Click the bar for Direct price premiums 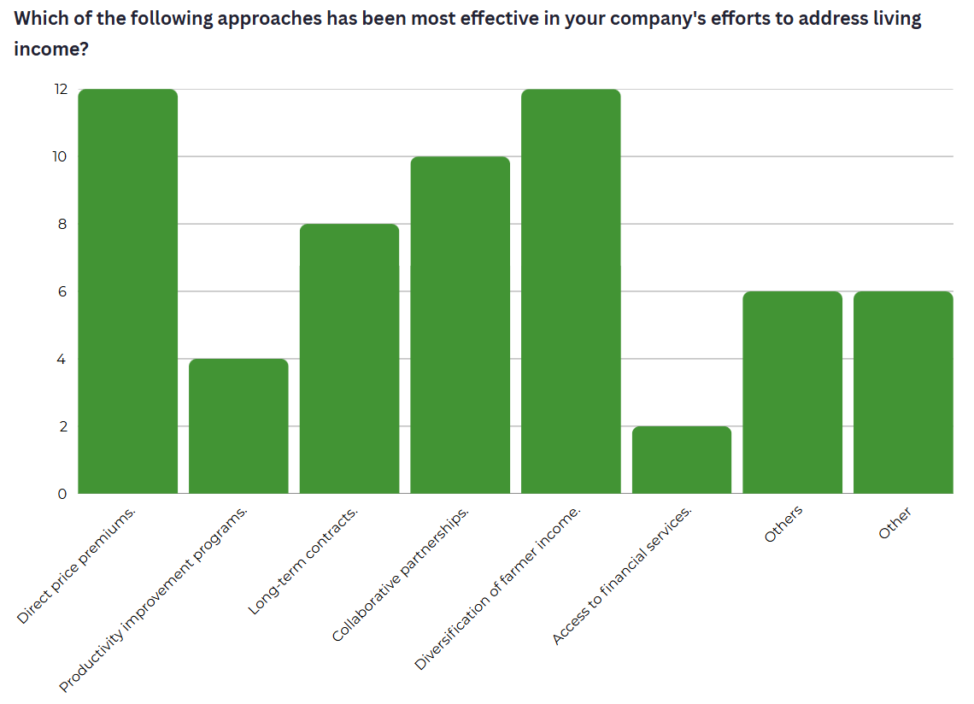tap(128, 291)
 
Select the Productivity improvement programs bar tap(238, 426)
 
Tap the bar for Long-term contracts tap(349, 359)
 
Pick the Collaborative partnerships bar tap(460, 325)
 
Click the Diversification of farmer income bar tap(571, 291)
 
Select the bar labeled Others tap(792, 392)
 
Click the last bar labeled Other tap(903, 392)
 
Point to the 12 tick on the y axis tap(60, 89)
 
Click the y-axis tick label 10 tap(60, 156)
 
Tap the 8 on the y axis tap(62, 224)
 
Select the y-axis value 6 tap(62, 291)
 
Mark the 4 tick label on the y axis tap(62, 359)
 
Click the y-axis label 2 tap(62, 426)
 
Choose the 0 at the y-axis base tap(62, 494)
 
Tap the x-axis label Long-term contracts tap(303, 560)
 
